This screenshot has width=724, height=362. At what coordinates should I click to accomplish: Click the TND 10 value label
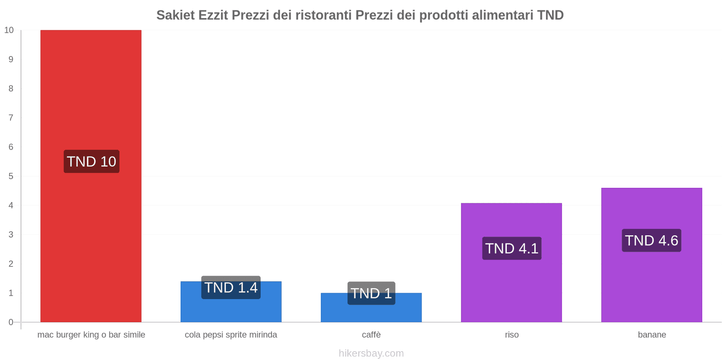[91, 162]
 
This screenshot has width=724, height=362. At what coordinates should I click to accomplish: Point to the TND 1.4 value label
[231, 287]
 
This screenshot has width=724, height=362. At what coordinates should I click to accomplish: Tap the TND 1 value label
[371, 293]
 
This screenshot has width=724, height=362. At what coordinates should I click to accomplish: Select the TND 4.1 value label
[512, 248]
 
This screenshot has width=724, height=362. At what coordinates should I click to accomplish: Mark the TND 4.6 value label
[652, 240]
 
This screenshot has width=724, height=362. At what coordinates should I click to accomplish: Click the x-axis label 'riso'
[512, 335]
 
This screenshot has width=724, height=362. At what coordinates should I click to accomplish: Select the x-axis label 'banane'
[652, 335]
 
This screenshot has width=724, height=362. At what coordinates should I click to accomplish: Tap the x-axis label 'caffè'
[371, 335]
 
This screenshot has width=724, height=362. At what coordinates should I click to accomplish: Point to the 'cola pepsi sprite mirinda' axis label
[231, 335]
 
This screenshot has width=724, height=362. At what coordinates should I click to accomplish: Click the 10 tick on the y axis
[9, 30]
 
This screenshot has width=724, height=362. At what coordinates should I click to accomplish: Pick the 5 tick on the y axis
[11, 176]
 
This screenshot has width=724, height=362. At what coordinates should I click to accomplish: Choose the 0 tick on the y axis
[11, 322]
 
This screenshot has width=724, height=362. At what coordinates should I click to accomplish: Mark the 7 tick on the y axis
[11, 118]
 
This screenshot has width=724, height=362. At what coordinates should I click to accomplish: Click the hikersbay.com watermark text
[371, 353]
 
